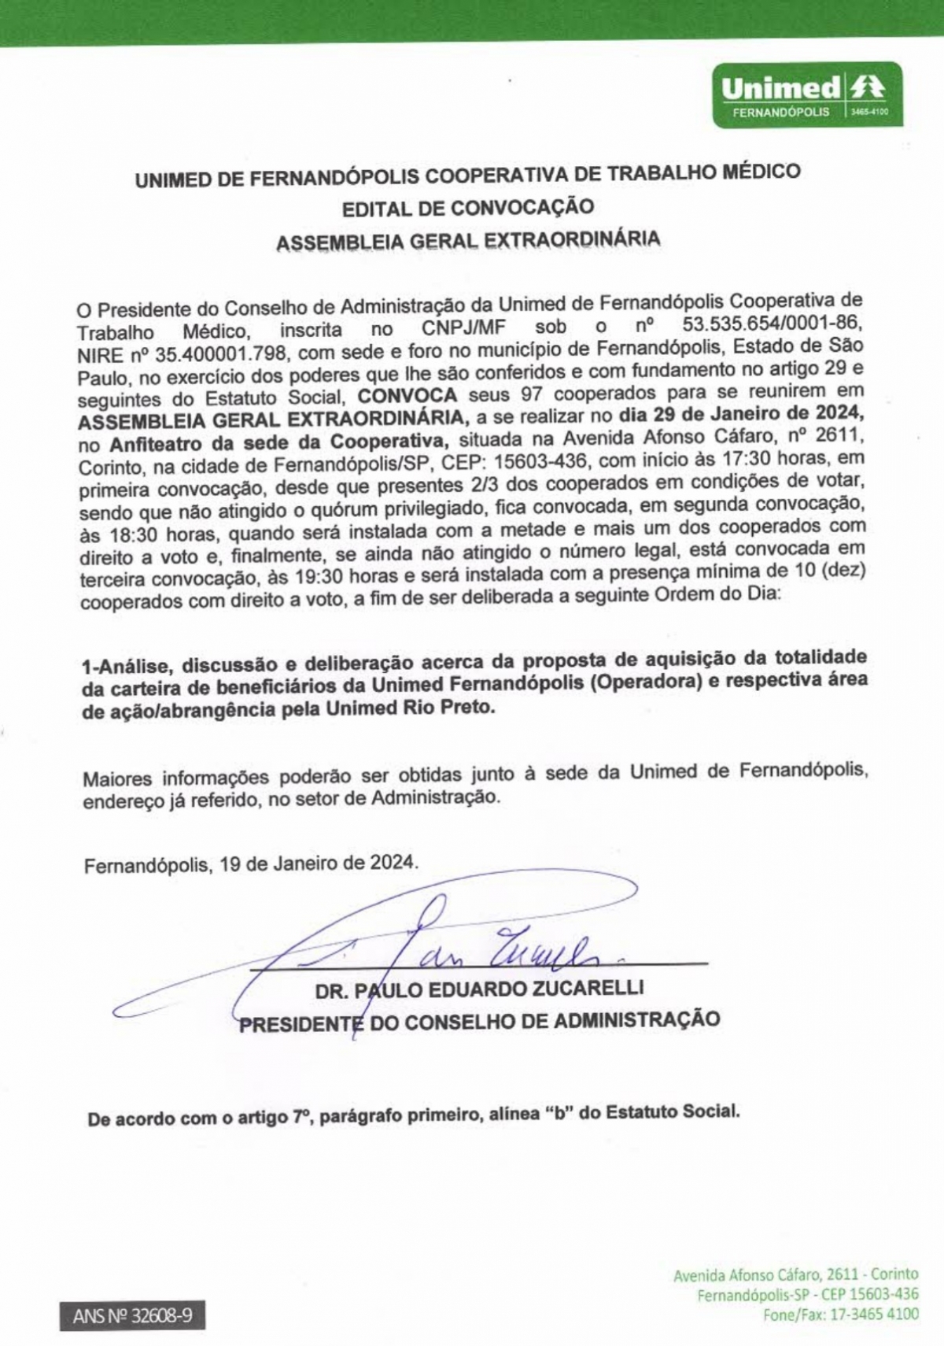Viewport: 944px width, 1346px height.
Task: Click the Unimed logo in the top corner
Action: pyautogui.click(x=807, y=94)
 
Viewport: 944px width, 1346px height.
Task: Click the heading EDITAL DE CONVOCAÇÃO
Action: pyautogui.click(x=467, y=209)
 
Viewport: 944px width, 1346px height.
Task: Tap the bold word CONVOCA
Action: pyautogui.click(x=407, y=395)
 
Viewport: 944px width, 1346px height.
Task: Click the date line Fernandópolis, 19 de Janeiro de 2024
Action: pyautogui.click(x=251, y=863)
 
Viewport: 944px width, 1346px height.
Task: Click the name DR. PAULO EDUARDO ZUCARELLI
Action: pyautogui.click(x=479, y=989)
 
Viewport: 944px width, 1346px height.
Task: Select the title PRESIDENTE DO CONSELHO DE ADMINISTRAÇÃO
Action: pyautogui.click(x=479, y=1022)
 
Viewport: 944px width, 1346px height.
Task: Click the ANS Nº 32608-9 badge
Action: pyautogui.click(x=132, y=1315)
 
